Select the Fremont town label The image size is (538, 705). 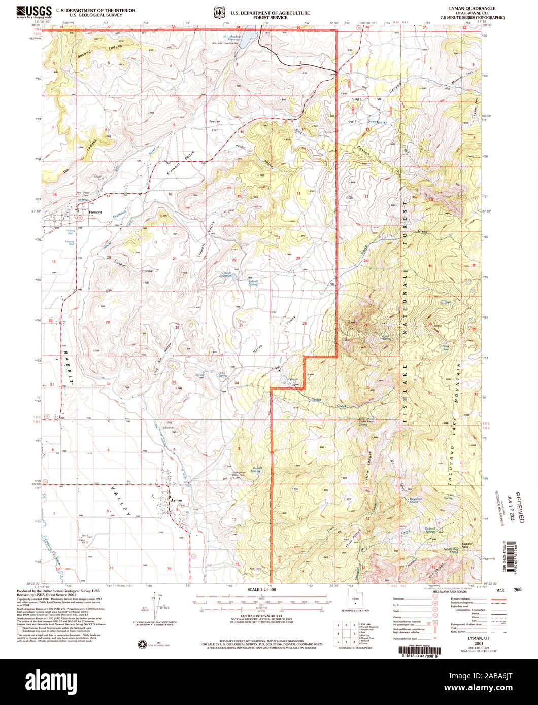click(95, 212)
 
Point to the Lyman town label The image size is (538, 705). click(177, 500)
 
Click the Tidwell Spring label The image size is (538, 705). click(252, 283)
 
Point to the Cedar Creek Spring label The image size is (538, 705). click(369, 422)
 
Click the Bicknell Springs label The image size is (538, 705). click(434, 530)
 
